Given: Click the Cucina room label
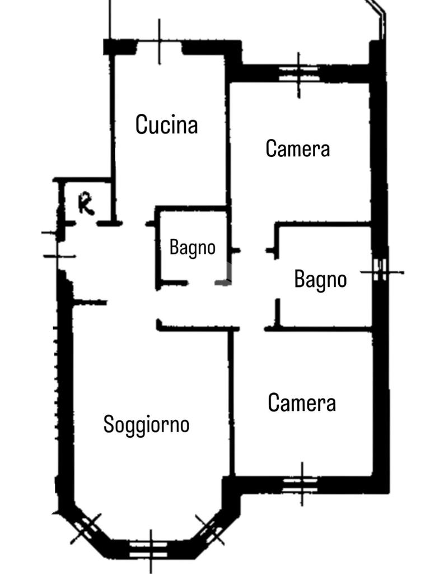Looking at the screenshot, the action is [x=166, y=124].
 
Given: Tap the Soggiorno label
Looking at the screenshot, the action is [x=146, y=424].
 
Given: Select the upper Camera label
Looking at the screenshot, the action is [x=297, y=149].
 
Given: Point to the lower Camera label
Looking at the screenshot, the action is [x=302, y=402].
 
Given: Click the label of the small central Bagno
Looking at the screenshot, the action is [x=192, y=247].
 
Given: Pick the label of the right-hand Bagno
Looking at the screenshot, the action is [x=320, y=279].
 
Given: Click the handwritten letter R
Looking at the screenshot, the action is [x=86, y=204].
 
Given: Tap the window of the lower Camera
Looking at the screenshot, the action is [x=301, y=483].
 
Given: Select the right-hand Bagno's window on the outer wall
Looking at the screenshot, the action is [x=381, y=272].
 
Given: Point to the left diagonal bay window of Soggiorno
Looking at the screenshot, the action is [x=86, y=528].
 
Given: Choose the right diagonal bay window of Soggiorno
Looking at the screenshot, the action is [x=211, y=529].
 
